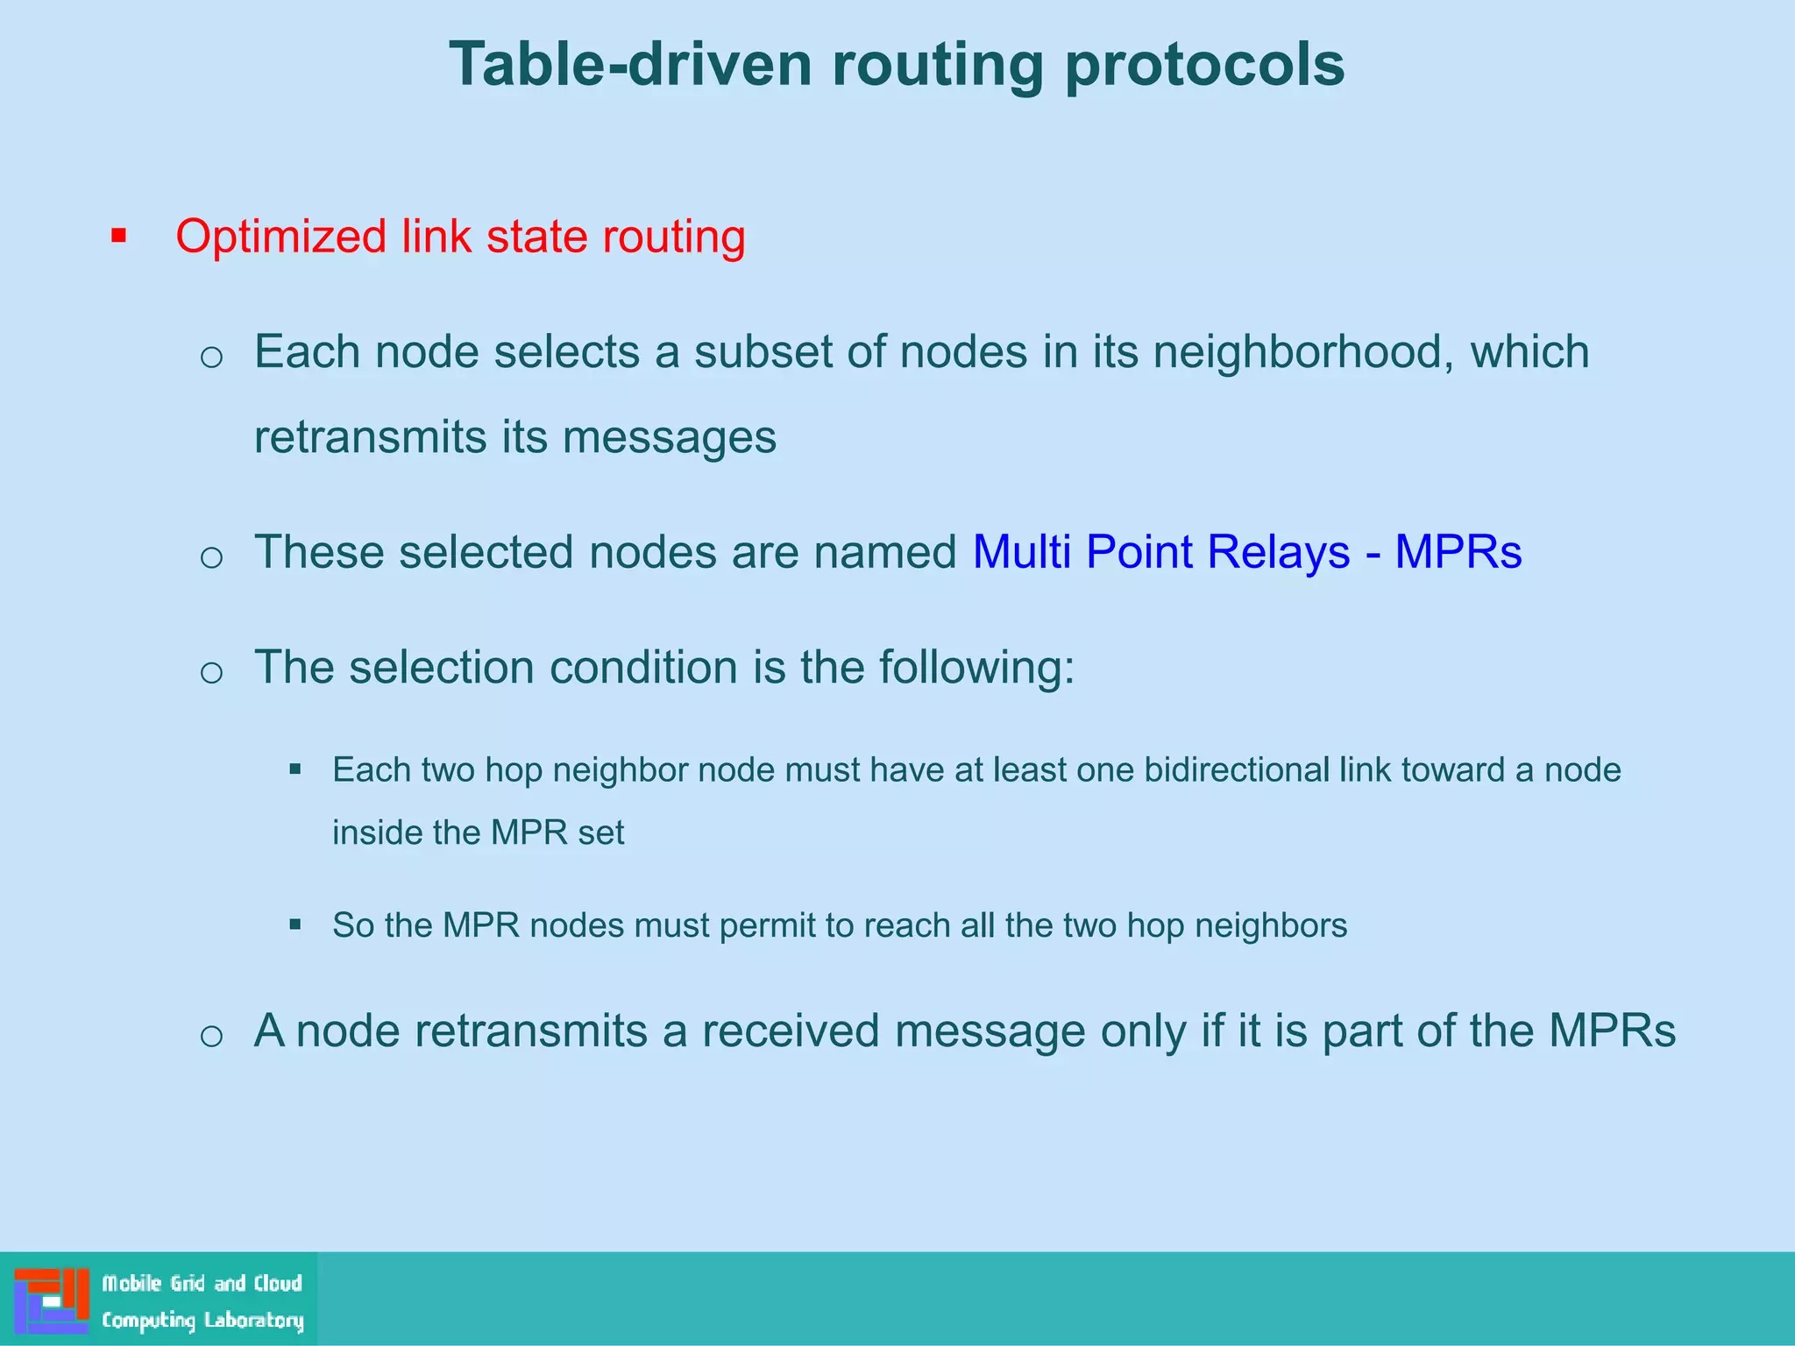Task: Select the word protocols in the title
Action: (1204, 65)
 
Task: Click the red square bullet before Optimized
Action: (119, 237)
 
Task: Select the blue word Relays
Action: (1278, 553)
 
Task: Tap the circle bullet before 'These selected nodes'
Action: (211, 557)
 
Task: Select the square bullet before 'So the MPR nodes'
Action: (295, 924)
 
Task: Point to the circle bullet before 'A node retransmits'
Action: (211, 1036)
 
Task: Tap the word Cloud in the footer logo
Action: (278, 1284)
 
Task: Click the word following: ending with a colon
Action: (976, 668)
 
